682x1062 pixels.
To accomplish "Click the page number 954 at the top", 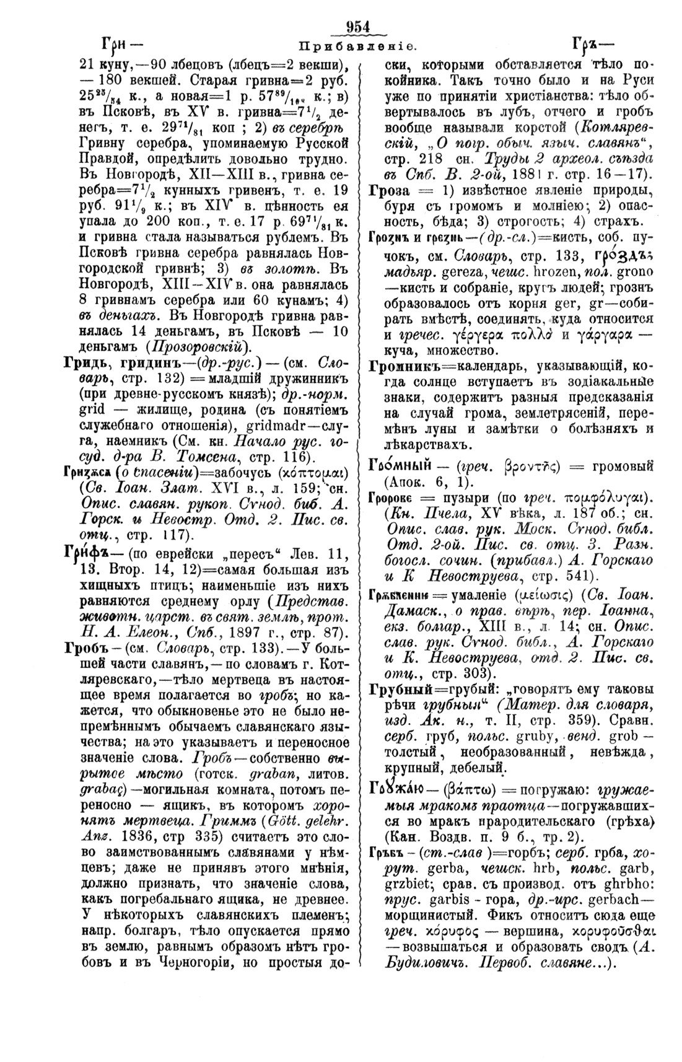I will click(x=357, y=27).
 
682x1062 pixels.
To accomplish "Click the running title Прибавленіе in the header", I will click(x=357, y=46).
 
